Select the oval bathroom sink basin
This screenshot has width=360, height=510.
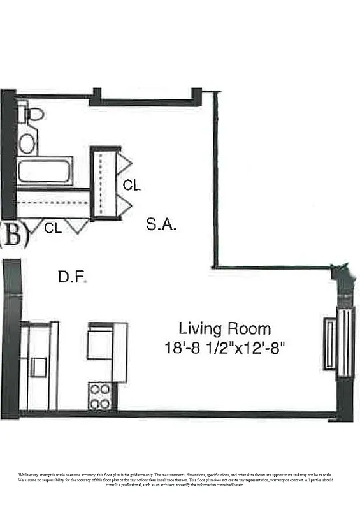[27, 143]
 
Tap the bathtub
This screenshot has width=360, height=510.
[45, 171]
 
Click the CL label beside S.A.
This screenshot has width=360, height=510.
[132, 186]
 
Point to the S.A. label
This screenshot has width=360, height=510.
[161, 224]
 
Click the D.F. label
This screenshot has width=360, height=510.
[72, 277]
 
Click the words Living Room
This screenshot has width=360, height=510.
[224, 329]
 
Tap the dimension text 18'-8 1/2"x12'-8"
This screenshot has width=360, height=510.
[224, 348]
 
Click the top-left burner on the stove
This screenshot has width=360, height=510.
[94, 390]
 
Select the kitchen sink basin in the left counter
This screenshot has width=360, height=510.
[39, 367]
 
